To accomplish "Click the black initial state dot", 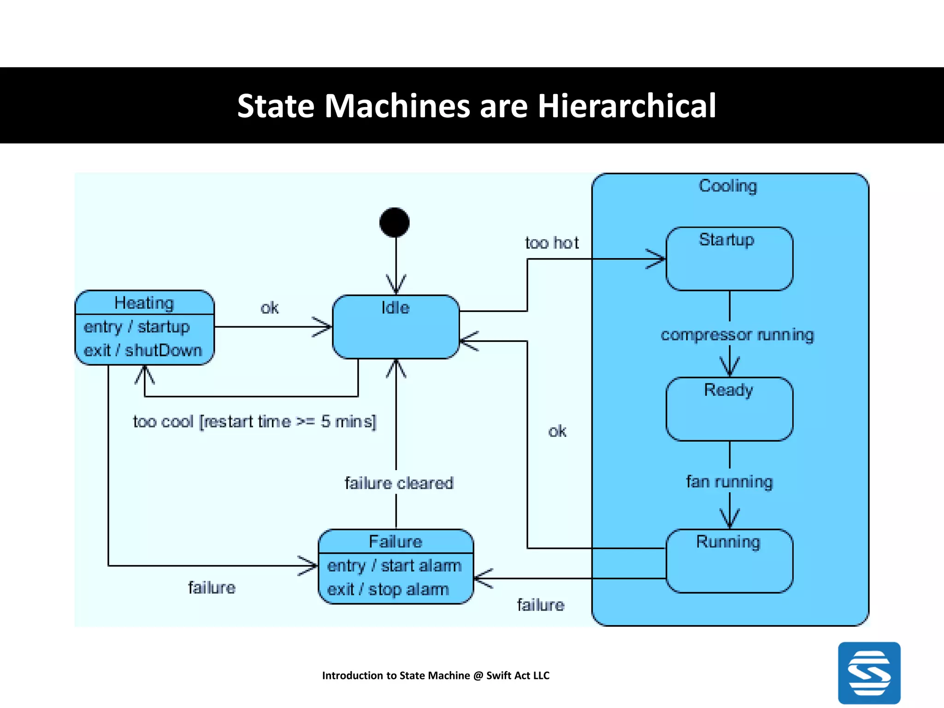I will (x=395, y=223).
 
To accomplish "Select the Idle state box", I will (x=395, y=327).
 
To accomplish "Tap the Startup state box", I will (x=729, y=259).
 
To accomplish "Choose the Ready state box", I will (x=729, y=409).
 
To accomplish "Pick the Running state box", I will (x=729, y=561).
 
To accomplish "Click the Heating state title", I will (x=144, y=303).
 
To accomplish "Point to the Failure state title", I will (x=395, y=542).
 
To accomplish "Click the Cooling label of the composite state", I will (x=728, y=186).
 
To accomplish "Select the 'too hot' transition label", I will (x=552, y=243).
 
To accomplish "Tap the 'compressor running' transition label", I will (x=737, y=335).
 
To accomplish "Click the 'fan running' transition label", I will (x=729, y=482).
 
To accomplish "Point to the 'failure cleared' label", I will (x=399, y=483).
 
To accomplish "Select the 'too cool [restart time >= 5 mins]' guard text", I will (x=254, y=421).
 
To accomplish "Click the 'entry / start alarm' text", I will (x=394, y=566).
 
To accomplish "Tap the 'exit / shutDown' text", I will (x=143, y=350).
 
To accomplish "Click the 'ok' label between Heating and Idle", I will (x=270, y=308).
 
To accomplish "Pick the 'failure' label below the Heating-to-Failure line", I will (x=212, y=588).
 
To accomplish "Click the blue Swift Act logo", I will (x=869, y=673).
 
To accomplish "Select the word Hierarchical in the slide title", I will (x=626, y=106).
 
